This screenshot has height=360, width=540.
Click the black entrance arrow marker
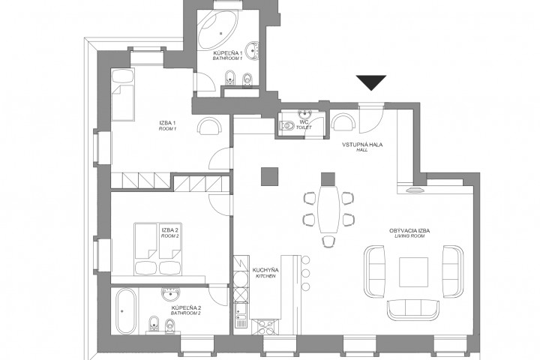pyautogui.click(x=371, y=82)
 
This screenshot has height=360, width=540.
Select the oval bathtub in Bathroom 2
pyautogui.click(x=126, y=311)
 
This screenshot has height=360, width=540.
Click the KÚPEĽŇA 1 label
pyautogui.click(x=228, y=54)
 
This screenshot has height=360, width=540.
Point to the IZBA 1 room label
pyautogui.click(x=168, y=123)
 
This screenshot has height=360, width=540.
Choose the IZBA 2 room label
pyautogui.click(x=170, y=230)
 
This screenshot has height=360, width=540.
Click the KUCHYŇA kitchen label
pyautogui.click(x=265, y=271)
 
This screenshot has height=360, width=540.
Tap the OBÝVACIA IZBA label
pyautogui.click(x=409, y=231)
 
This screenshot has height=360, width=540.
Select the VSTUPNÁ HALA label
pyautogui.click(x=362, y=145)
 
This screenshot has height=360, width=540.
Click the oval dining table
pyautogui.click(x=329, y=208)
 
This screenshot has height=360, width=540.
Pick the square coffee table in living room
pyautogui.click(x=413, y=272)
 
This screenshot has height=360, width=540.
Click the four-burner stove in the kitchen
pyautogui.click(x=266, y=326)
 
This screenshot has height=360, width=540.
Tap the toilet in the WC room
pyautogui.click(x=287, y=126)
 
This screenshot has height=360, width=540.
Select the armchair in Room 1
pyautogui.click(x=210, y=127)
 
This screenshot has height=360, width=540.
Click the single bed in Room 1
pyautogui.click(x=123, y=94)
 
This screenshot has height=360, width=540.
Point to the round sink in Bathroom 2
pyautogui.click(x=170, y=294)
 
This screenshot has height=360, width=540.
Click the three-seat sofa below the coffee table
pyautogui.click(x=413, y=309)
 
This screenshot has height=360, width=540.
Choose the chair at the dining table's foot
pyautogui.click(x=329, y=241)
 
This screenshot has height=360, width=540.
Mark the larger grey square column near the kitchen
pyautogui.click(x=270, y=176)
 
